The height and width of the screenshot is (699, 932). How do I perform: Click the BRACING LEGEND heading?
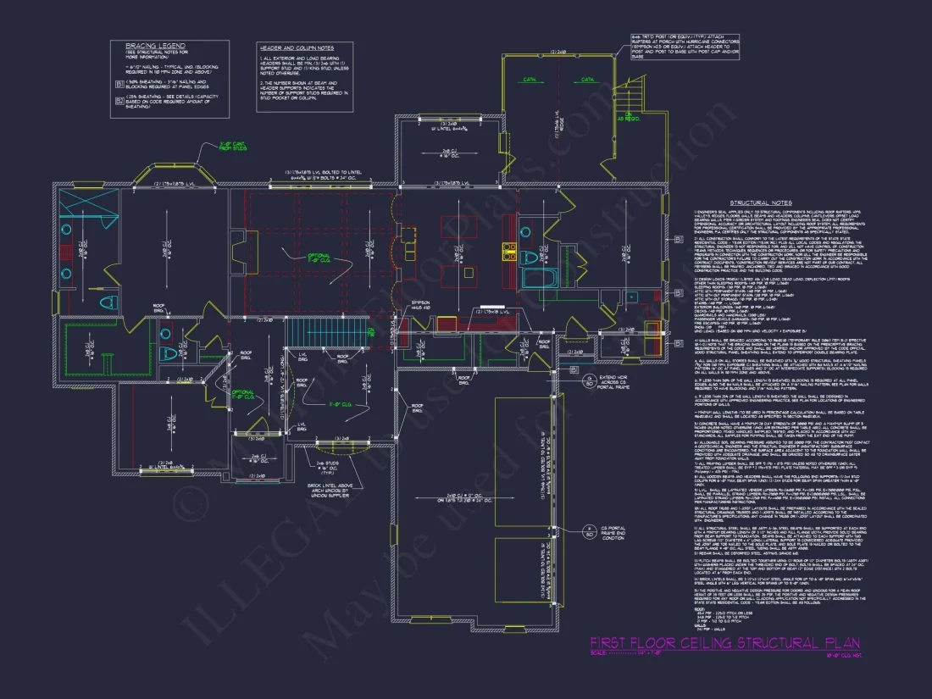click(x=155, y=45)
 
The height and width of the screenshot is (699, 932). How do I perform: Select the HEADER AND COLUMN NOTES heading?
click(x=296, y=48)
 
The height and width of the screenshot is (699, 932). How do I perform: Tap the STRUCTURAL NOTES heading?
click(x=760, y=203)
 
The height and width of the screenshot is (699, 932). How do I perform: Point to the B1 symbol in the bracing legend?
click(x=119, y=83)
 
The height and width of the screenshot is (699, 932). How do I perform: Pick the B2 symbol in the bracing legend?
click(x=119, y=99)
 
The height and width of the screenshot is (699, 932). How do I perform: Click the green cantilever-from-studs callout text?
click(x=231, y=147)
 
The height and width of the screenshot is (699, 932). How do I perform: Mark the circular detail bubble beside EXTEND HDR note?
click(x=589, y=356)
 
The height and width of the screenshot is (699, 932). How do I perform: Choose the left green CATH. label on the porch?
click(x=530, y=80)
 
